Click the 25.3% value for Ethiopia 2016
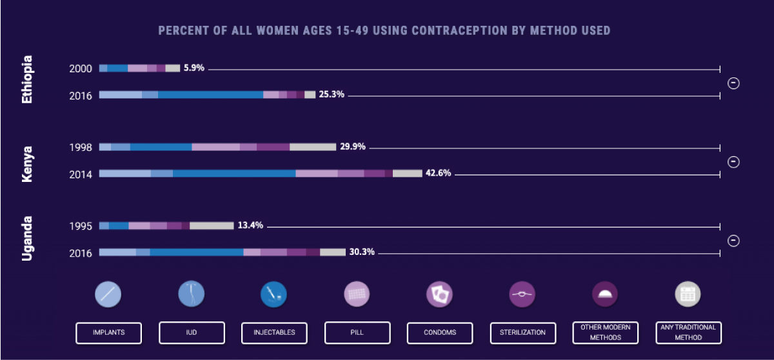click(332, 95)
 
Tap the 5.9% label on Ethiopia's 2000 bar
click(193, 68)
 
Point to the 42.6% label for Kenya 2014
click(438, 174)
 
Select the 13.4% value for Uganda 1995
click(251, 226)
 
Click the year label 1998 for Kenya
click(81, 147)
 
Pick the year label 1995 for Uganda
click(81, 226)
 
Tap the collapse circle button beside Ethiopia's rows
click(733, 83)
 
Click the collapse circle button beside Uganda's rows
click(733, 241)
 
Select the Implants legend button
click(108, 332)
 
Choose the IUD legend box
click(192, 332)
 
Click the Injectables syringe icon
click(274, 295)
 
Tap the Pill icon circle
click(357, 295)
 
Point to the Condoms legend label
click(440, 332)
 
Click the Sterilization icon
click(522, 295)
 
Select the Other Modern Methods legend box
click(605, 332)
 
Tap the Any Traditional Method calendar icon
click(688, 295)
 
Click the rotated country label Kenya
click(27, 164)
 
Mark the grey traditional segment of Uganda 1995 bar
click(211, 226)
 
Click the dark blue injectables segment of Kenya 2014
click(234, 174)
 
